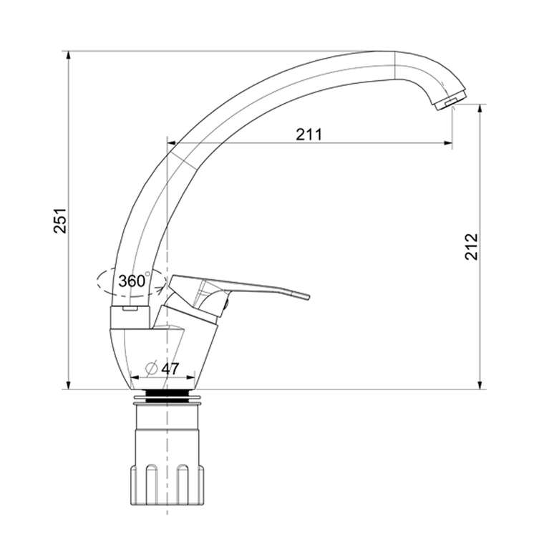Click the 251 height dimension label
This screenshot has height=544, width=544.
59,220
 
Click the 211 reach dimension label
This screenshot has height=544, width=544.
309,135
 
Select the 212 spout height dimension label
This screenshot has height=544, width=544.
472,247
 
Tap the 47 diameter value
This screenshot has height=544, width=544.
170,369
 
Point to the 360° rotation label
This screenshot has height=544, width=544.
134,281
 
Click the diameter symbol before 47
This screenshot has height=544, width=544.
152,369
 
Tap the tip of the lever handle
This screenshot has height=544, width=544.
307,296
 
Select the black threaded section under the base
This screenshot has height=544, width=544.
166,396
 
